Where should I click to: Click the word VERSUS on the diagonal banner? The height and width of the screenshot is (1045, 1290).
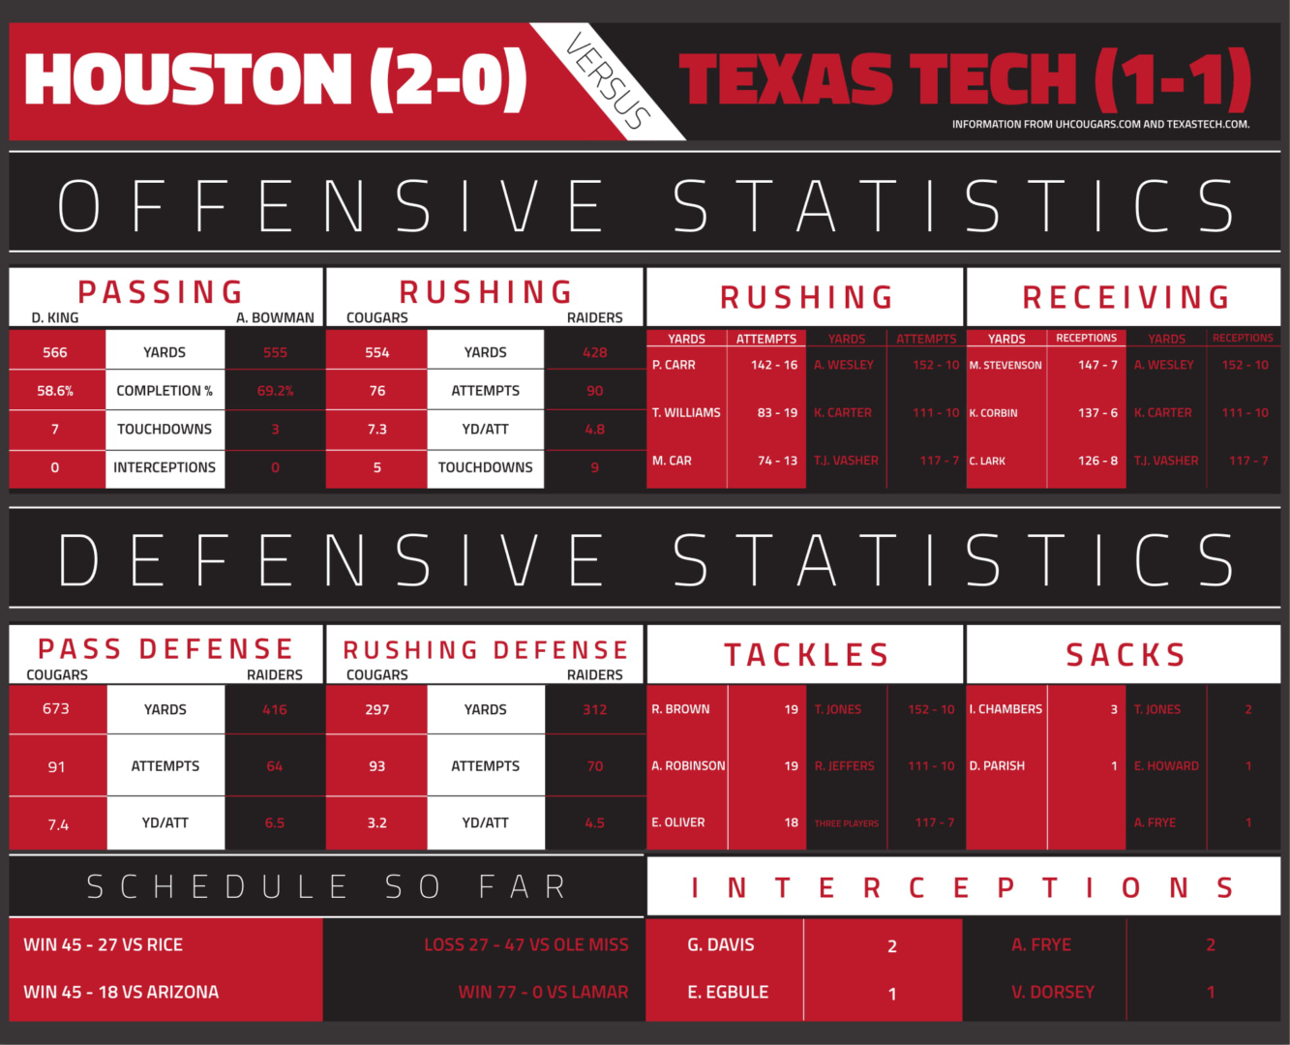[x=607, y=82]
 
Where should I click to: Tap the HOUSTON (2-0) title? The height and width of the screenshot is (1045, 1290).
[x=276, y=79]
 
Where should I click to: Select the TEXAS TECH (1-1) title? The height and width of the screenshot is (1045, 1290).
[x=964, y=79]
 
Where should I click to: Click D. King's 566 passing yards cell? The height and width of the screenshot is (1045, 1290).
[x=55, y=352]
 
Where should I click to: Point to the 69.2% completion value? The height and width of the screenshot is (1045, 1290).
[x=275, y=391]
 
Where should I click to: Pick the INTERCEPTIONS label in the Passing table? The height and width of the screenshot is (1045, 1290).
[x=165, y=467]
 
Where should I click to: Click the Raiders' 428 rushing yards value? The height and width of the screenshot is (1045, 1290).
[x=594, y=352]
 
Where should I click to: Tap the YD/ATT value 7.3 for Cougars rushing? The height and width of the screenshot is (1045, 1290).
[x=376, y=429]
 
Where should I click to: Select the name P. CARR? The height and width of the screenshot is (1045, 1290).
[x=674, y=365]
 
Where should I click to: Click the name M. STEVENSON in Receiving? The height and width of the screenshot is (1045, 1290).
[x=1005, y=366]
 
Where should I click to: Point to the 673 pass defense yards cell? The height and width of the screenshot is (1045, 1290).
[x=56, y=708]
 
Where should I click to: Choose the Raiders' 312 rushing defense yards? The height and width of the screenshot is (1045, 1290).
[x=594, y=709]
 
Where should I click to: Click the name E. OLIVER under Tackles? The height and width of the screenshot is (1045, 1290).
[x=677, y=822]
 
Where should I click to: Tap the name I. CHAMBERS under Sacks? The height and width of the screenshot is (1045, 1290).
[x=1005, y=709]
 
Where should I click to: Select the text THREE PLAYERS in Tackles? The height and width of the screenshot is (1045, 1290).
[x=846, y=823]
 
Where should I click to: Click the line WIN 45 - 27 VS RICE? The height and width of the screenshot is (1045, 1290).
[x=103, y=944]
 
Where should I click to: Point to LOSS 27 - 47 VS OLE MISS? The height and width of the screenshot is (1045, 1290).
[x=525, y=944]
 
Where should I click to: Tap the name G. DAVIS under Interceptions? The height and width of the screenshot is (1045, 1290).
[x=720, y=944]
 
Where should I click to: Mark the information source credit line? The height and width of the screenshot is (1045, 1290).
[x=1100, y=124]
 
